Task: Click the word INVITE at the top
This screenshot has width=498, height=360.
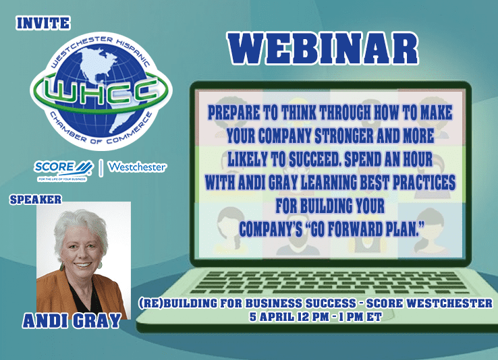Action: [x=43, y=24]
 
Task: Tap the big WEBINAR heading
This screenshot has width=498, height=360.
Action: [x=323, y=49]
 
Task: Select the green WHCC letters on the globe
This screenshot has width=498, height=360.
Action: [x=101, y=91]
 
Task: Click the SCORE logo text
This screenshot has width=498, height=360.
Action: [x=54, y=167]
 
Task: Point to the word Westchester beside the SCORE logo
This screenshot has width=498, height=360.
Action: [x=137, y=167]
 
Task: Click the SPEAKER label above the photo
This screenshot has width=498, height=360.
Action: [x=36, y=200]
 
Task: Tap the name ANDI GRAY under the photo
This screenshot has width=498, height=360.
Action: [x=72, y=321]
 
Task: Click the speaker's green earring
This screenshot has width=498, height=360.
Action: [x=61, y=266]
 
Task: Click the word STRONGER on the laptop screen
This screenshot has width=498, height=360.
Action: [x=344, y=136]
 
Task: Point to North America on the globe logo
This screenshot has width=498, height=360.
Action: [x=99, y=65]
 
